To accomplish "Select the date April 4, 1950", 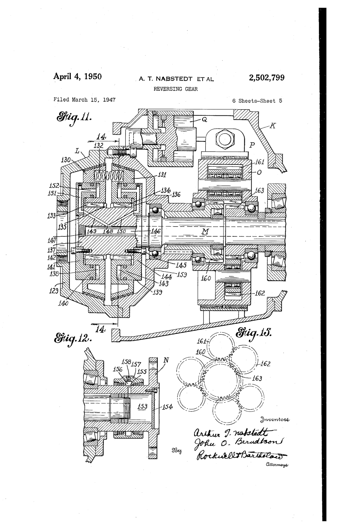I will pos(77,77).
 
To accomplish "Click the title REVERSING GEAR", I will pos(176,89).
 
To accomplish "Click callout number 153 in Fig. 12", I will pos(142,406).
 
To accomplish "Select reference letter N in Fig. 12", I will pos(166,360).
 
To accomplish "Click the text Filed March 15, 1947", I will pos(84,100).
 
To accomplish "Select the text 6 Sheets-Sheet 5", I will pos(257,101).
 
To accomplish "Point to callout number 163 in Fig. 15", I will pos(257,378).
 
